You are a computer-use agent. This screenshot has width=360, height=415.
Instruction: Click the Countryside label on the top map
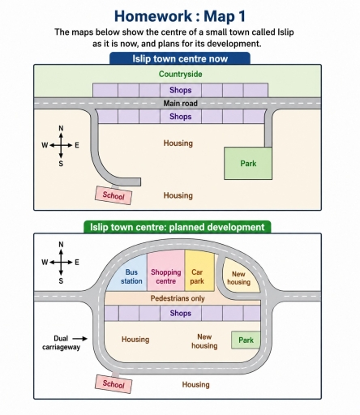point(180,74)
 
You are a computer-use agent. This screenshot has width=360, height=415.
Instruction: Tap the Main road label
point(180,103)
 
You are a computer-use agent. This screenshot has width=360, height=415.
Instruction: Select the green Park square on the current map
point(248,164)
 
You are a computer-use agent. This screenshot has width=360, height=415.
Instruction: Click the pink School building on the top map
point(114,195)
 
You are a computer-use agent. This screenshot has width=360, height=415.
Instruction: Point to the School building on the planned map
point(114,383)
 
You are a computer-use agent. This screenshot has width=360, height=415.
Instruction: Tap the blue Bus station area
point(129,276)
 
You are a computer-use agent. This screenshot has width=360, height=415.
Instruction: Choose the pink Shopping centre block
point(166,271)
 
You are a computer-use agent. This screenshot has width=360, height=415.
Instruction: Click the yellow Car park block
point(199,271)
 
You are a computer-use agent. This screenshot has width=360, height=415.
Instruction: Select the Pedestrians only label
point(178,298)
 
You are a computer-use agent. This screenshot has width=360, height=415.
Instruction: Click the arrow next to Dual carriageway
point(80,339)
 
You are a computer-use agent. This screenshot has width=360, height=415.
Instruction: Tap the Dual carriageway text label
point(61,343)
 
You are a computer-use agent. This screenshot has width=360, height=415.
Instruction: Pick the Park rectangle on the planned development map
point(246,340)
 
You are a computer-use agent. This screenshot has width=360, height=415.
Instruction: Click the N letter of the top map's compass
point(61,128)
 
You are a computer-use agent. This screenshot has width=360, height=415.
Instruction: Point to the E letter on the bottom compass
point(77,263)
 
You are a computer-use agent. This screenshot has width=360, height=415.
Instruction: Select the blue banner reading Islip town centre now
point(180,58)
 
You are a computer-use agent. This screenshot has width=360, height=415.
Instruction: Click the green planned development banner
point(178,227)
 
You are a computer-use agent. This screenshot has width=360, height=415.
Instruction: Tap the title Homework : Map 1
point(180,16)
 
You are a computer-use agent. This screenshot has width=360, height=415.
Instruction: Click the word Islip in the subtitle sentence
point(285,32)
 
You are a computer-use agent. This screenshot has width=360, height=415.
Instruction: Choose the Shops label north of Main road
point(181,90)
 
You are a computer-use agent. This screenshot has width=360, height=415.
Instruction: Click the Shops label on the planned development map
point(181,313)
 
